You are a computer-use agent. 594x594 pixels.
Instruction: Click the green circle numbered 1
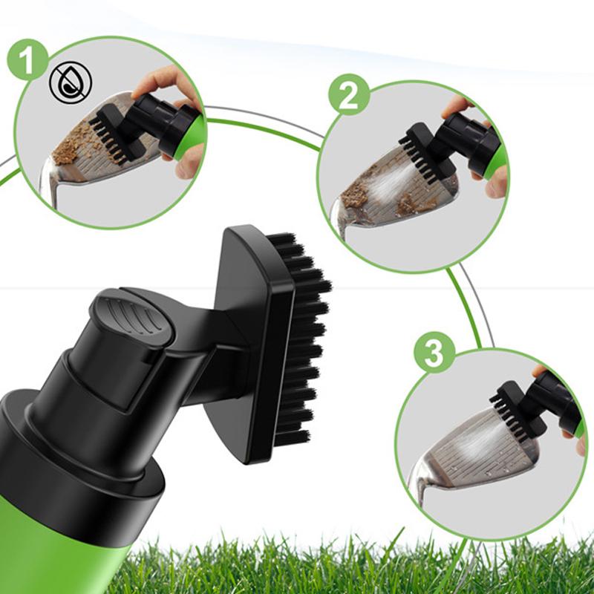pos(27,60)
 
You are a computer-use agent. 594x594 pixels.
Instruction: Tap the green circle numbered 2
pos(348,95)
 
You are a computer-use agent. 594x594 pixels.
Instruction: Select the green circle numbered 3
pos(434,352)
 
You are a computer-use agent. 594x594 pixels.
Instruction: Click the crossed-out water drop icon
pos(71,82)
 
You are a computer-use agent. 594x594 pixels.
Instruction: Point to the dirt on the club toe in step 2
pos(354,194)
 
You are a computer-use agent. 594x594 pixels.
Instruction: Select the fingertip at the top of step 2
pos(457,106)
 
